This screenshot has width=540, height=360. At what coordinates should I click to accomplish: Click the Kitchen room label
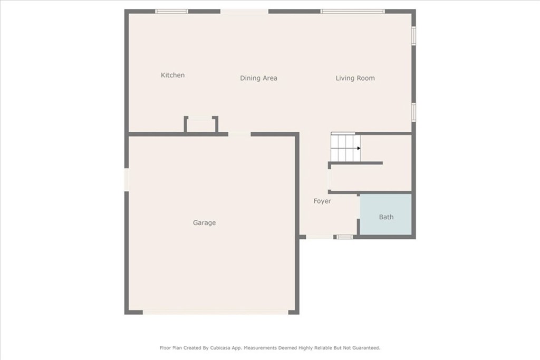point(172,75)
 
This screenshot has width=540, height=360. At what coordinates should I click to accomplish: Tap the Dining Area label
point(258,78)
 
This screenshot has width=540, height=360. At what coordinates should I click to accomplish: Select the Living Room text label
point(355,78)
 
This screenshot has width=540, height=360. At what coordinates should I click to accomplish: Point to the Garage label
point(204,223)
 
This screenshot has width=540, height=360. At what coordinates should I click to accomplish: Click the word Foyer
point(322,201)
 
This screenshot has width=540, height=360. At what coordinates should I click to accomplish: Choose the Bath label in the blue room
point(386,217)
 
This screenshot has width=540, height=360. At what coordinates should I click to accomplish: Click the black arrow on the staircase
point(359,148)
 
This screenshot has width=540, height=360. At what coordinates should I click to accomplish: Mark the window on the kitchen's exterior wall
point(171,11)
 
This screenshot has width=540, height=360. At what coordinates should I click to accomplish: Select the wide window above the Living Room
point(352,11)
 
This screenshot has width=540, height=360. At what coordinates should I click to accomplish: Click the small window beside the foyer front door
point(345,237)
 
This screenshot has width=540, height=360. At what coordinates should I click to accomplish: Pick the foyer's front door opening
point(320,237)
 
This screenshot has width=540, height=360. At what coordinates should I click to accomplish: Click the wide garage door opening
point(215,312)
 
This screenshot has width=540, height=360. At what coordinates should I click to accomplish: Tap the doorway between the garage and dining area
point(239,134)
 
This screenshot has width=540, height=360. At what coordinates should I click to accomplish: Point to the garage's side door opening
point(127,179)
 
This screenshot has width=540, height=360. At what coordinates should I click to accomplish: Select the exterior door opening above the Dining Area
point(244,11)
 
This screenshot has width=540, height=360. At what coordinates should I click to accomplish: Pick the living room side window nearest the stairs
point(413,112)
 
